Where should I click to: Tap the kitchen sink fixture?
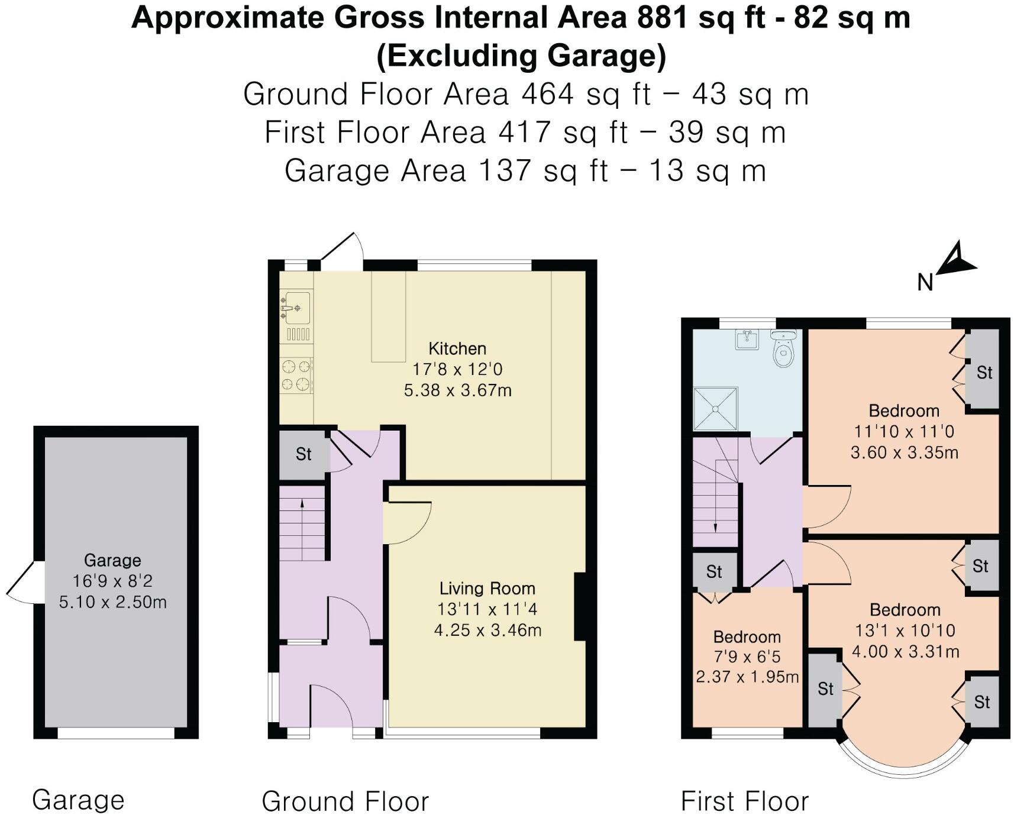[x=296, y=307]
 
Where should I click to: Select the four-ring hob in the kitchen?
[x=296, y=376]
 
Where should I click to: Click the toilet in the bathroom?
[x=783, y=350]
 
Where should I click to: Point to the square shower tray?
[x=716, y=408]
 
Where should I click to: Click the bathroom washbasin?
[x=748, y=340]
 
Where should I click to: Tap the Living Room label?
[x=487, y=589]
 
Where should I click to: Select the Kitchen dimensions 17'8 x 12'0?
[x=457, y=370]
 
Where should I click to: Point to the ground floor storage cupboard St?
[x=303, y=454]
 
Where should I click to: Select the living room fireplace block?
[x=580, y=607]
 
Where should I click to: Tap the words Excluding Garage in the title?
[x=521, y=56]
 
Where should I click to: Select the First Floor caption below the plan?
[x=744, y=801]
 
